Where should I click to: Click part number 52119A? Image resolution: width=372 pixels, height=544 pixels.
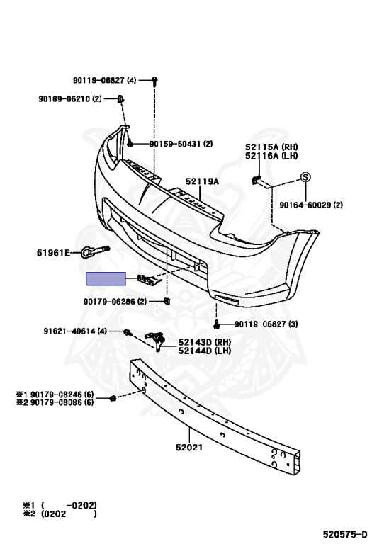pyautogui.click(x=202, y=181)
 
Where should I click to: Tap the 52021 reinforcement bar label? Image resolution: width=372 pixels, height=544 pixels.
pyautogui.click(x=189, y=448)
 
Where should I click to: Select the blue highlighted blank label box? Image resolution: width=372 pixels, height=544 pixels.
pyautogui.click(x=106, y=278)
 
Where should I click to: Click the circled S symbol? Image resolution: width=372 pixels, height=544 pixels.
pyautogui.click(x=305, y=177)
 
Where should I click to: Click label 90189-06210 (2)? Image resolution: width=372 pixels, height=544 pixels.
pyautogui.click(x=70, y=99)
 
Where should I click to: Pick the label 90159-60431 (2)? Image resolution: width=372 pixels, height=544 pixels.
pyautogui.click(x=181, y=144)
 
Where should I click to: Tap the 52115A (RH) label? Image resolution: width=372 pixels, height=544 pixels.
pyautogui.click(x=271, y=147)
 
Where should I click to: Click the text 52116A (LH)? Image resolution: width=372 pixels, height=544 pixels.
pyautogui.click(x=271, y=156)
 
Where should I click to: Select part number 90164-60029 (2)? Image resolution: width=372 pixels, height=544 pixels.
pyautogui.click(x=311, y=205)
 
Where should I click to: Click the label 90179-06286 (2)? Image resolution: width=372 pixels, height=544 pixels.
pyautogui.click(x=115, y=302)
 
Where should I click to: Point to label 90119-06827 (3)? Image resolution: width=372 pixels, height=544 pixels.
pyautogui.click(x=266, y=324)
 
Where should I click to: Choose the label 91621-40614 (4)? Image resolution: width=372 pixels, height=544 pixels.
pyautogui.click(x=75, y=331)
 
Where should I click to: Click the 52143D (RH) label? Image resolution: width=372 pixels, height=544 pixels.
pyautogui.click(x=205, y=342)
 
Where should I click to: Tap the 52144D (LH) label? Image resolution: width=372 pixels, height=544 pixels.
pyautogui.click(x=205, y=351)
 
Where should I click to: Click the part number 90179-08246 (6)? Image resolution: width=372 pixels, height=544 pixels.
pyautogui.click(x=62, y=395)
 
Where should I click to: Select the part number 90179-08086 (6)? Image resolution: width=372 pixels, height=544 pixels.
pyautogui.click(x=62, y=402)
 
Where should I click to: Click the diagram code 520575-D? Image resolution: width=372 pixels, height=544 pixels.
pyautogui.click(x=345, y=534)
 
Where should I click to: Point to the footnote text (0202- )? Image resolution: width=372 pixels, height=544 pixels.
pyautogui.click(x=69, y=514)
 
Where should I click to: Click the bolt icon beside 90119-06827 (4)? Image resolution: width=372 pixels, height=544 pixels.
pyautogui.click(x=154, y=81)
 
